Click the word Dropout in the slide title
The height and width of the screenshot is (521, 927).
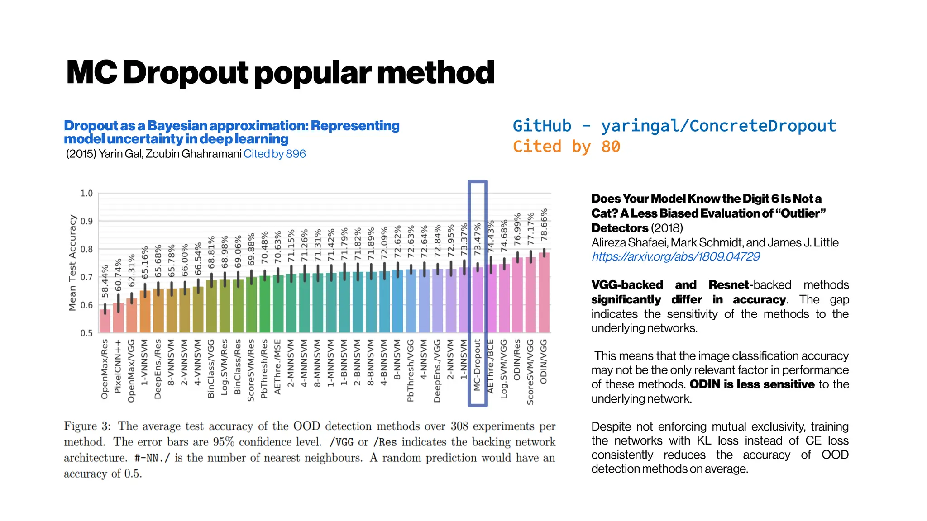[186, 73]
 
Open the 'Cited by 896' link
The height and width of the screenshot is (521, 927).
[274, 154]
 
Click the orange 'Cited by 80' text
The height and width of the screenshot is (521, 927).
[566, 147]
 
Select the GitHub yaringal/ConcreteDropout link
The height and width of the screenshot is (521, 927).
[674, 126]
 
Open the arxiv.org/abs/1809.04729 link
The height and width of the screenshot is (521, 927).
[675, 257]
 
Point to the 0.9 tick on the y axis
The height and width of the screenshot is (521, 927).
[86, 221]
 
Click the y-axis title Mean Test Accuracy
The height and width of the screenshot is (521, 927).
[72, 263]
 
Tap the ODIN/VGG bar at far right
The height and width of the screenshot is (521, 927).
[544, 294]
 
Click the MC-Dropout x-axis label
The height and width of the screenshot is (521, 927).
[477, 365]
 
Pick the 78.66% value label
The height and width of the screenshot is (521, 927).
[544, 224]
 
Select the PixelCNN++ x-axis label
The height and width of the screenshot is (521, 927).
[118, 367]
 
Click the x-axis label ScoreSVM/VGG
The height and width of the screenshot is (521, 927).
[530, 372]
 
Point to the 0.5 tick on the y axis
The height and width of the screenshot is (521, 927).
[86, 333]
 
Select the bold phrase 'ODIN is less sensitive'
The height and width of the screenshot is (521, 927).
[752, 384]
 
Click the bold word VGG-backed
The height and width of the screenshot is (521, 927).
[627, 285]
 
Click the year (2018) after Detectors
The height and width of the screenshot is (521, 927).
[667, 228]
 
